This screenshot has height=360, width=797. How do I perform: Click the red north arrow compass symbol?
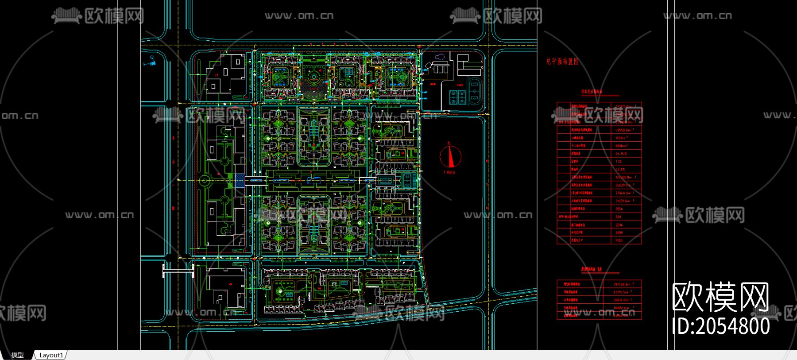coord(450,156)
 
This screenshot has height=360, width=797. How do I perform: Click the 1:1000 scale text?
coord(449,172)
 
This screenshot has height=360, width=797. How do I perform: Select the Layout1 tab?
coord(51,355)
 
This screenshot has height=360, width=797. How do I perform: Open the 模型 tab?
coord(17,355)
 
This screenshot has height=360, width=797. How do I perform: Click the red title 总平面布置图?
coord(562,62)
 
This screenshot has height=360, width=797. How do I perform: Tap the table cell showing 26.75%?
coord(621,154)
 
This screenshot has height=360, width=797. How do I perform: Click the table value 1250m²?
coord(621,138)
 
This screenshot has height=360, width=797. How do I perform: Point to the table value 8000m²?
coord(621,146)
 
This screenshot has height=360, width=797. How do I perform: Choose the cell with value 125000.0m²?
coord(624,177)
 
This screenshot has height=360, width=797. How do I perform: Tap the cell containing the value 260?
coord(618,217)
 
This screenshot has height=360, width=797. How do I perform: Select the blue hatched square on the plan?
coord(239,180)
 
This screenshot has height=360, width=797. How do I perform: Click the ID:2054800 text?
coord(721,326)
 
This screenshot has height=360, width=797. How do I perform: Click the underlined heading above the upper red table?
coord(592,92)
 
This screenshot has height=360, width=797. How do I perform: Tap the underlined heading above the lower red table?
coord(592,269)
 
